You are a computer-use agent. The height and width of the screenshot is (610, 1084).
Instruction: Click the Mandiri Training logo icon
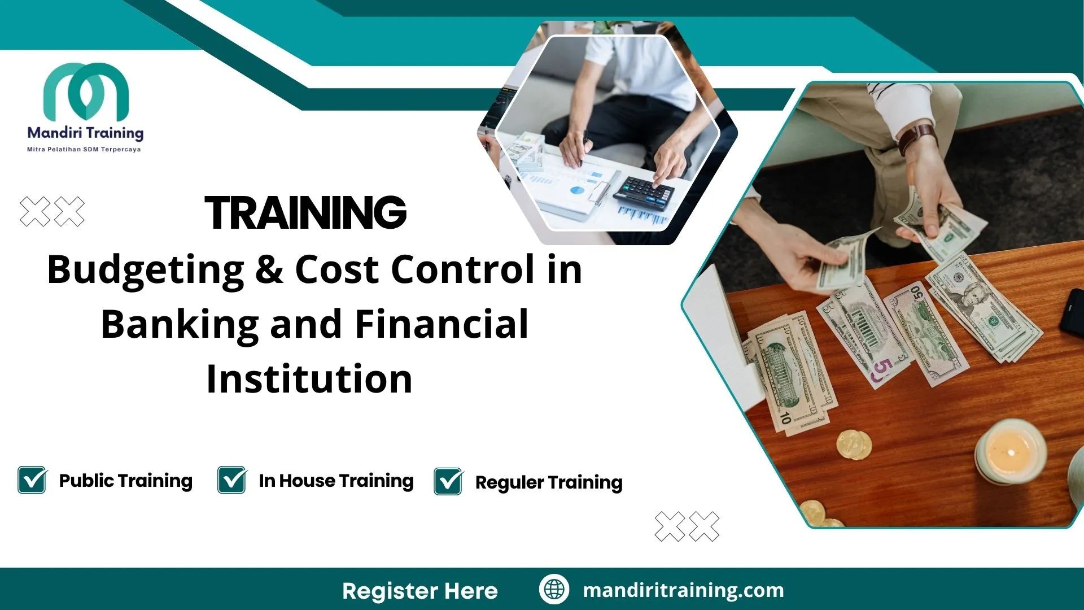pyautogui.click(x=86, y=90)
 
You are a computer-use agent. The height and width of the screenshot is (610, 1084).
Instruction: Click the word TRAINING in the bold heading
pyautogui.click(x=305, y=213)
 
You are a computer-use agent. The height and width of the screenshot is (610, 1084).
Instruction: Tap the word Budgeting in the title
pyautogui.click(x=145, y=270)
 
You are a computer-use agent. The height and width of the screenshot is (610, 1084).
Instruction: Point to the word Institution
pyautogui.click(x=309, y=379)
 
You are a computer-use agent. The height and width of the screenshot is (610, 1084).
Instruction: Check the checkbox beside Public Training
pyautogui.click(x=32, y=481)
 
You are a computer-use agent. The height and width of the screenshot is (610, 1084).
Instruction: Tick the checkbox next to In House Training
pyautogui.click(x=231, y=481)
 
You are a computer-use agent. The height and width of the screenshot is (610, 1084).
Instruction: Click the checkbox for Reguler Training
pyautogui.click(x=448, y=482)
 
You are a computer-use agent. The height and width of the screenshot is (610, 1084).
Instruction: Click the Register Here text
pyautogui.click(x=419, y=591)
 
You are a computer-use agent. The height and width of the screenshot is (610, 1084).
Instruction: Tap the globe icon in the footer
pyautogui.click(x=554, y=590)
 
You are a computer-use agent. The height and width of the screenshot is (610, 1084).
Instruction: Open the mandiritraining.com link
pyautogui.click(x=683, y=590)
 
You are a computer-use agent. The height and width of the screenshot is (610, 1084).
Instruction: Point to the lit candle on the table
pyautogui.click(x=1011, y=452)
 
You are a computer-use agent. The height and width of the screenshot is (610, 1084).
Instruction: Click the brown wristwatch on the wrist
pyautogui.click(x=917, y=138)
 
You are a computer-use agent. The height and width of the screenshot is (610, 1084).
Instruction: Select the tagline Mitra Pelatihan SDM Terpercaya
pyautogui.click(x=84, y=150)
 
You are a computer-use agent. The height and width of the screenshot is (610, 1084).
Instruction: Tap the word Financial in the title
pyautogui.click(x=442, y=325)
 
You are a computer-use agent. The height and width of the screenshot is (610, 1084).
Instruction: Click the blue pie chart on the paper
pyautogui.click(x=576, y=190)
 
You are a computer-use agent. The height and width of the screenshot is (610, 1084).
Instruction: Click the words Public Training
pyautogui.click(x=125, y=481)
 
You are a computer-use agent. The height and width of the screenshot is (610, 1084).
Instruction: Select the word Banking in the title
pyautogui.click(x=180, y=325)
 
